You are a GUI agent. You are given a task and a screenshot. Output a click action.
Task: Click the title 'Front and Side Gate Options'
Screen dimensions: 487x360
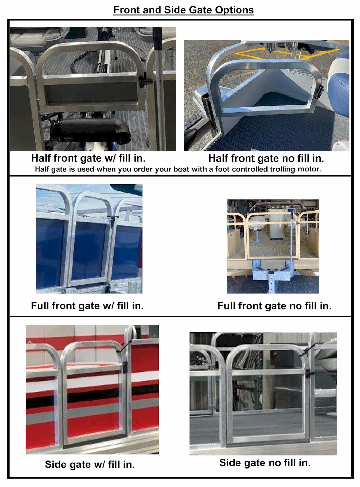183,10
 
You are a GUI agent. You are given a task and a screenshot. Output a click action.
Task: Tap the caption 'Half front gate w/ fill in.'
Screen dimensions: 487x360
88,158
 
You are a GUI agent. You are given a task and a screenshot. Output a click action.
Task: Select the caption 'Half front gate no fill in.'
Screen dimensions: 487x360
266,158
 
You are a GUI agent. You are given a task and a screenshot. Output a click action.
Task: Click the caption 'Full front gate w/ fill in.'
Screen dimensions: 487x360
87,305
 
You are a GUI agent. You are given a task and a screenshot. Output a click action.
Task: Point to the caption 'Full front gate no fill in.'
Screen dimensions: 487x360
274,306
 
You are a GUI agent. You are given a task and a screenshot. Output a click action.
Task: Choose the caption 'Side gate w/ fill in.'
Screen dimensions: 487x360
89,464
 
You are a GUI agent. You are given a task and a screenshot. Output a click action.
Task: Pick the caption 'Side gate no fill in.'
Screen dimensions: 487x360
264,463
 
